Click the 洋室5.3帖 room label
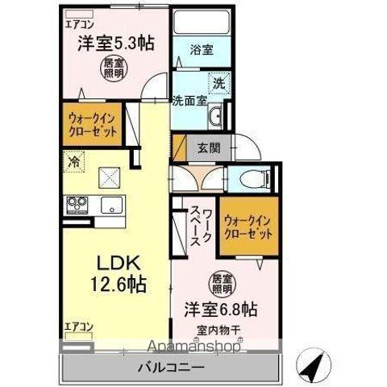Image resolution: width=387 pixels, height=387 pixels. [116, 44]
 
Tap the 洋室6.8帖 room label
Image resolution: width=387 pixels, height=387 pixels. [221, 309]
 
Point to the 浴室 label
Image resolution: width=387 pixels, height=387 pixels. [202, 50]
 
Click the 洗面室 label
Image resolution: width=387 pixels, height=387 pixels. [189, 101]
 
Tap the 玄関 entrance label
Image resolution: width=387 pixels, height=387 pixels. [209, 148]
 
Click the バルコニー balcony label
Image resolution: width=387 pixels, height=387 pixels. [171, 368]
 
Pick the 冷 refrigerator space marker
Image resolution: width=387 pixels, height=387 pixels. [73, 161]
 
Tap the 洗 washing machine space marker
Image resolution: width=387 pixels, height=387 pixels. [219, 84]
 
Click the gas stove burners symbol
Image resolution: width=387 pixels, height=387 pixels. [77, 205]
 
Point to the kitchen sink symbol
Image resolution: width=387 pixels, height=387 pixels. [112, 205]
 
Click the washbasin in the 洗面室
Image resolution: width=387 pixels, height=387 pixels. [215, 118]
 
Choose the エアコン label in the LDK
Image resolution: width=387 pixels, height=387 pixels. [79, 327]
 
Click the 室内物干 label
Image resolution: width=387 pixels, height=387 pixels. [218, 331]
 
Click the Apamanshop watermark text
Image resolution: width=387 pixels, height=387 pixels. [194, 347]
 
